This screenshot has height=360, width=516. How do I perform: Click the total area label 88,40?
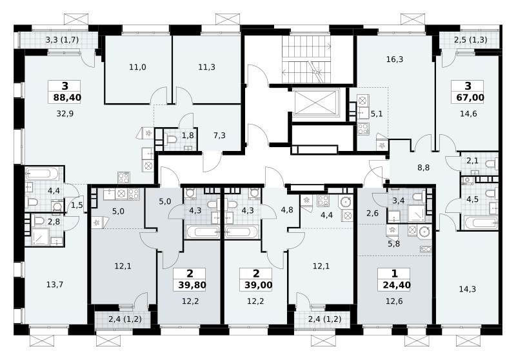coord(67,97)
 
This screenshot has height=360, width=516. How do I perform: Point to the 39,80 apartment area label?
coord(192,285)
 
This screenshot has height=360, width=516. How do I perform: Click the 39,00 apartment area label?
coord(259,285)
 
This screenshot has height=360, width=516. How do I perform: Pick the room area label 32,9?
coord(65,114)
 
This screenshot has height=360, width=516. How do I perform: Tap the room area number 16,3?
coord(395,59)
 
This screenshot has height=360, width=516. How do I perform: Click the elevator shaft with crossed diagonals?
coord(315,103)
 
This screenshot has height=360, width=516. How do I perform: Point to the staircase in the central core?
coord(306,59)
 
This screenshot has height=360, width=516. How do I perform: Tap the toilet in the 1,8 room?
coord(171,140)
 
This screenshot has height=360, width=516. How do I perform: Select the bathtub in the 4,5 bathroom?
coord(481,223)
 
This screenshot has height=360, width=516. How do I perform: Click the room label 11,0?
coord(137,68)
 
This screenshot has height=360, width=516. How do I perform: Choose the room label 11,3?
coord(206,68)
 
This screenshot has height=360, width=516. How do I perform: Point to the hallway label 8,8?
coord(424,168)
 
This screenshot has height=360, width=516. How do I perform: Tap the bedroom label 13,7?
coord(55,285)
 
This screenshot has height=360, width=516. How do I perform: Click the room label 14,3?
coord(467,290)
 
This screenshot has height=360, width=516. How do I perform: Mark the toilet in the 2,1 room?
coord(492,163)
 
